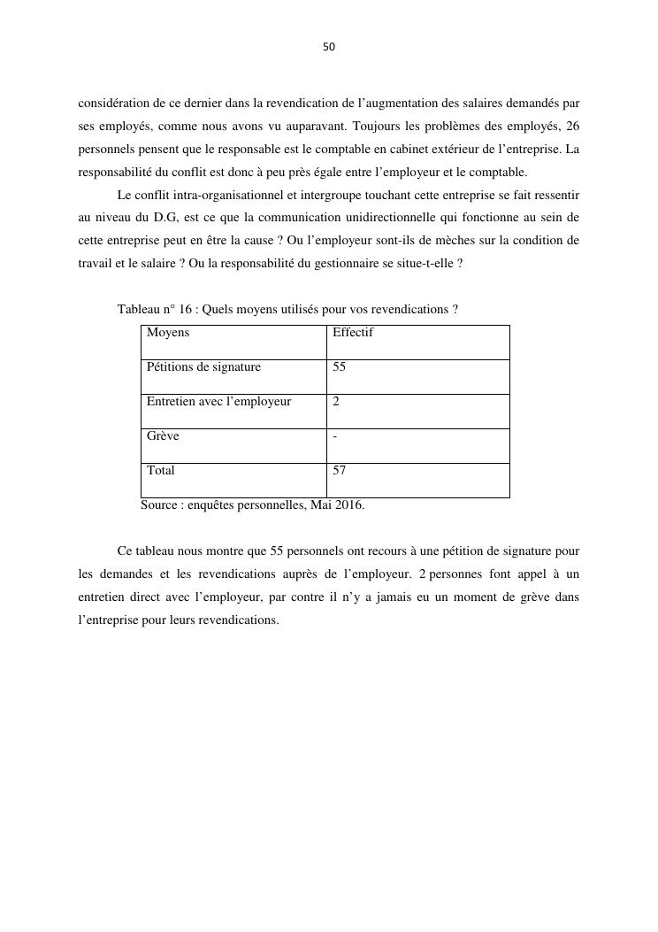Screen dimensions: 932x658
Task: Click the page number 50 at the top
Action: (x=329, y=47)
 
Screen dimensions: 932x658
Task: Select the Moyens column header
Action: (x=168, y=333)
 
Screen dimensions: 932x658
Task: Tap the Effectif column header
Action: (x=353, y=333)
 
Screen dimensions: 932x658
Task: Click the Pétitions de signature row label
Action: (x=203, y=367)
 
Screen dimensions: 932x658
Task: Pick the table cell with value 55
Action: (x=340, y=367)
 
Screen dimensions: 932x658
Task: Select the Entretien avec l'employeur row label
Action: (x=218, y=402)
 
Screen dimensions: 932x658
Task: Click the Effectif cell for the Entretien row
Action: (x=336, y=402)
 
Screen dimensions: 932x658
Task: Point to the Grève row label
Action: (x=163, y=436)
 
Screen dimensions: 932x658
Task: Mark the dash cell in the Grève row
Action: (x=334, y=436)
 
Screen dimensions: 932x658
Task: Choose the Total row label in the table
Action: (x=161, y=471)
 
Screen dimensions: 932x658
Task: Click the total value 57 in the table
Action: (x=340, y=471)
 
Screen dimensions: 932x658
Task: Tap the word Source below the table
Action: (x=160, y=505)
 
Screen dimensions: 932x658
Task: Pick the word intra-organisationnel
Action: (x=231, y=194)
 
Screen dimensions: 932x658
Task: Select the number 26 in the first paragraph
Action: (x=572, y=126)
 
